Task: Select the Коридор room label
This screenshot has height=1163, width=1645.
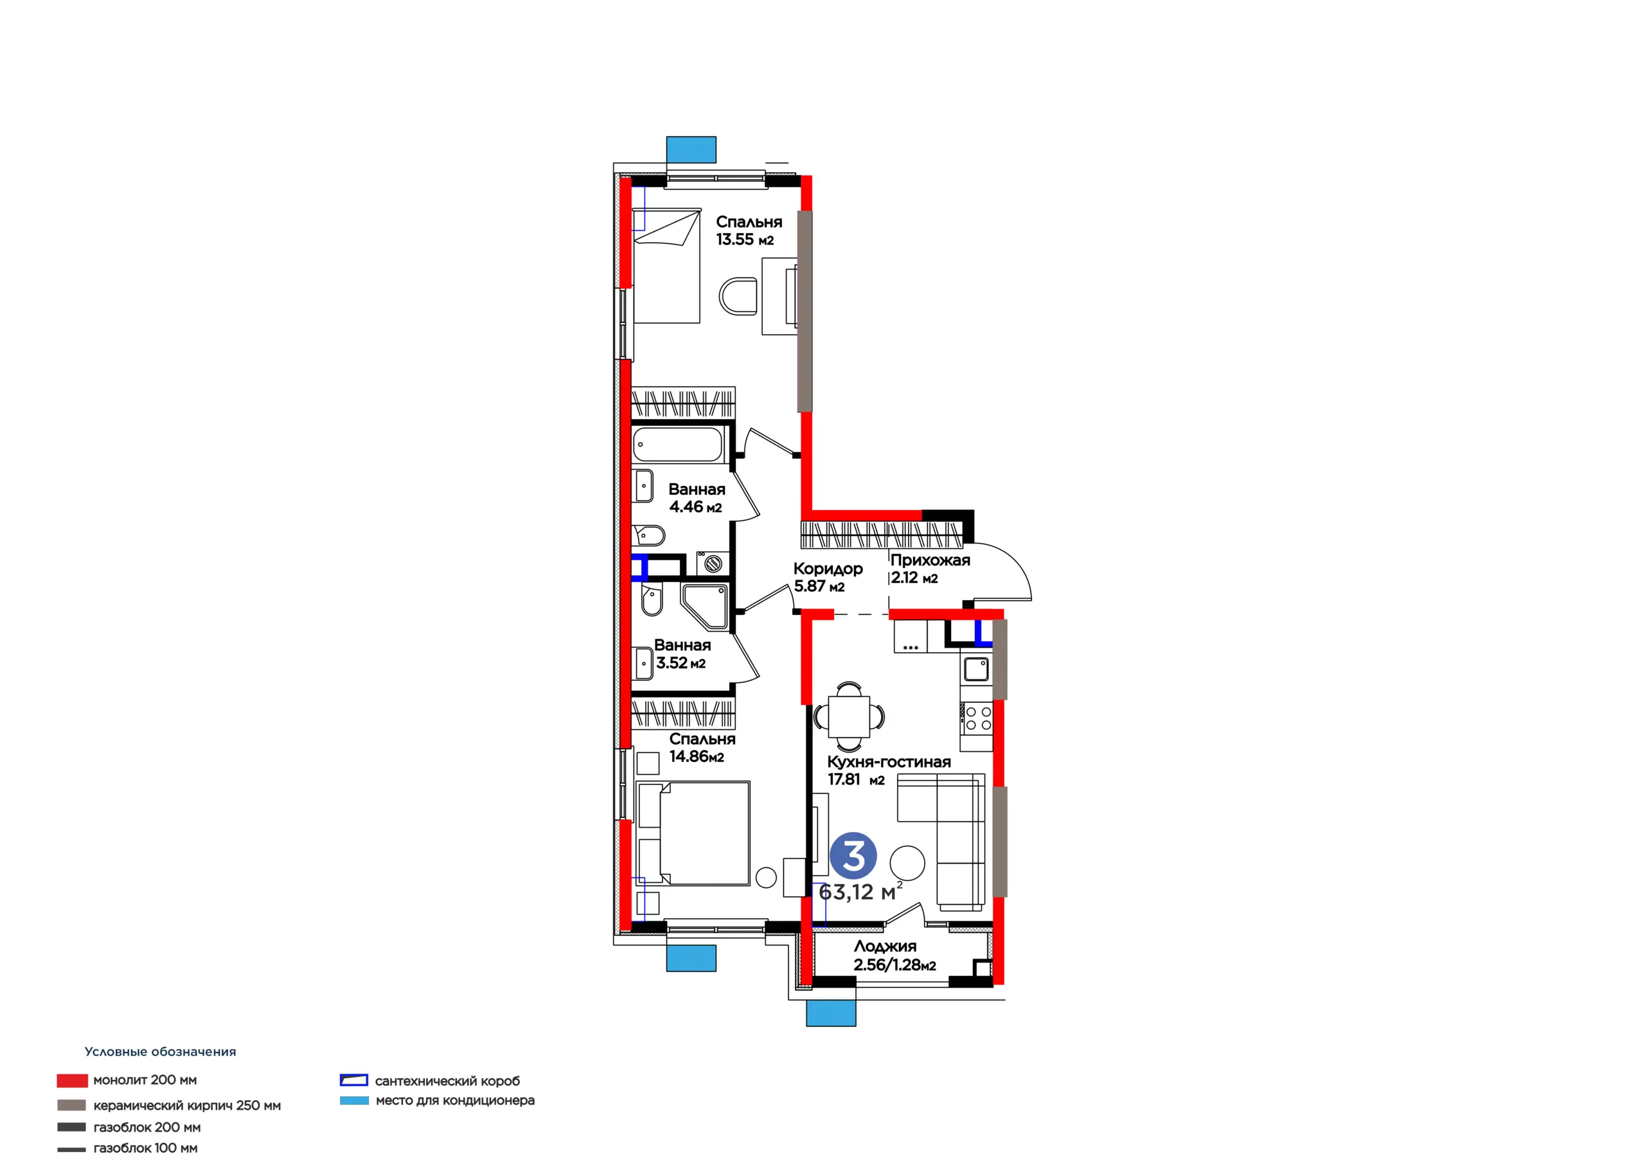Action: point(828,569)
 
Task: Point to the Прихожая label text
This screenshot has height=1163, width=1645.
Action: point(930,560)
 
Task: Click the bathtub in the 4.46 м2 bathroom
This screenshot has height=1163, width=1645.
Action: point(678,444)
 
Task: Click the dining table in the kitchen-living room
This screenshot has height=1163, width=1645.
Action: point(849,716)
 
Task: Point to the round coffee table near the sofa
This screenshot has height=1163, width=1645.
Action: point(907,863)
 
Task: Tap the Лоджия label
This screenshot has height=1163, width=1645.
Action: point(885,946)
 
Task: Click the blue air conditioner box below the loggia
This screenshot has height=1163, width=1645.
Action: point(831,1013)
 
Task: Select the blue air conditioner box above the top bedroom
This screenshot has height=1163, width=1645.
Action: point(691,150)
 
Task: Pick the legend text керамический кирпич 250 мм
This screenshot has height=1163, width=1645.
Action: point(187,1106)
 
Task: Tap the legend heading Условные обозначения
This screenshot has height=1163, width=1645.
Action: point(161,1052)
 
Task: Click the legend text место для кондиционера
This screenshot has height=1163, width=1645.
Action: point(455,1100)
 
